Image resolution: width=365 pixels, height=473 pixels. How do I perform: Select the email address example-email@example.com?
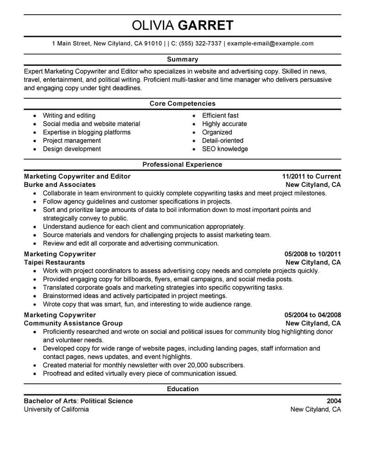[270, 44]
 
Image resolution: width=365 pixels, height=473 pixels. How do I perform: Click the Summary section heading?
[182, 59]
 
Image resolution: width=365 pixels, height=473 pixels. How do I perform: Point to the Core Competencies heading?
[182, 104]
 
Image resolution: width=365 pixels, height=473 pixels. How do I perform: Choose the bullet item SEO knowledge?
[225, 149]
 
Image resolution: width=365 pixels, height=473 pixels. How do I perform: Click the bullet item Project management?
[72, 141]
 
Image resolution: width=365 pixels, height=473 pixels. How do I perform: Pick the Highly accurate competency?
[224, 124]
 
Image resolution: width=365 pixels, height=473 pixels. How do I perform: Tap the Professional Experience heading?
[182, 165]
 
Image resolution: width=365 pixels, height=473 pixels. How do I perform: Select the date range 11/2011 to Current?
[311, 176]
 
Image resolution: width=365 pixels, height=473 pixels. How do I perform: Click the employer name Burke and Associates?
[60, 185]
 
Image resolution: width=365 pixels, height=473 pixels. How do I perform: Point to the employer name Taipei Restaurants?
[54, 262]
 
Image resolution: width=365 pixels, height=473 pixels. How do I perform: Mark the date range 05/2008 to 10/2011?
[313, 254]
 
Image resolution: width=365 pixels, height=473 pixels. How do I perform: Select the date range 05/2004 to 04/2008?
[313, 315]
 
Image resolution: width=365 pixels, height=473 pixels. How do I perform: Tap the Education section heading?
[182, 389]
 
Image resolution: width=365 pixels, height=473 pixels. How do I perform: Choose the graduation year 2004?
[334, 401]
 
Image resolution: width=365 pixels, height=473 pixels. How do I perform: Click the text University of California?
[56, 409]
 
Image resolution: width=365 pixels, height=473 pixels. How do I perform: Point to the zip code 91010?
[152, 44]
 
